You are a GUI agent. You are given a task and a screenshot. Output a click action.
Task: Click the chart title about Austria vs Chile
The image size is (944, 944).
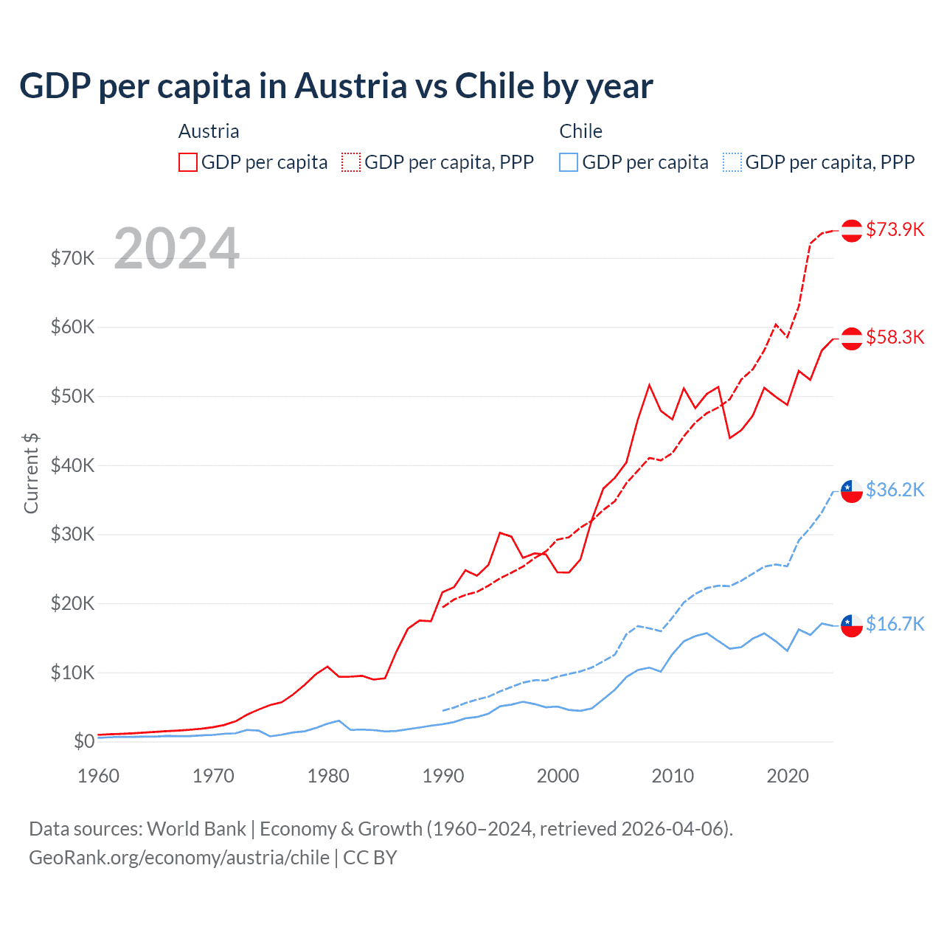coord(336,86)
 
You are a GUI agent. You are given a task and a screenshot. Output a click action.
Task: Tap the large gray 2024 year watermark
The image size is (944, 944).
coord(177,249)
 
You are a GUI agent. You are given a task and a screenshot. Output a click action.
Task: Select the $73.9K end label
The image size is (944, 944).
coord(895,229)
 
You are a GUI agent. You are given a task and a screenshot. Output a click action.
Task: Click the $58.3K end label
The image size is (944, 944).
coord(895,337)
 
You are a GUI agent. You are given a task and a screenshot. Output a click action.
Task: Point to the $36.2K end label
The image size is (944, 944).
coord(895,490)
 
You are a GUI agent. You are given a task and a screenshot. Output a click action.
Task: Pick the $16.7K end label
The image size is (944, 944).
coord(895,624)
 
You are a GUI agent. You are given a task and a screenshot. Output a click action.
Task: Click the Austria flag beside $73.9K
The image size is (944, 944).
coord(852,230)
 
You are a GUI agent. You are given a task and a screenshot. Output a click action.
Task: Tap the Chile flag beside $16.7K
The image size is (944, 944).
coord(852,625)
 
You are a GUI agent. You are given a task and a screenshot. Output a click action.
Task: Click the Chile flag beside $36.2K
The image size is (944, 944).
coord(852,490)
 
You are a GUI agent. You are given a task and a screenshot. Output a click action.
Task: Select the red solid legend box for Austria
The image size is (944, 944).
coord(188,162)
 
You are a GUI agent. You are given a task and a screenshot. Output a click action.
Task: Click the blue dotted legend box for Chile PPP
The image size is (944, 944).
coord(732,162)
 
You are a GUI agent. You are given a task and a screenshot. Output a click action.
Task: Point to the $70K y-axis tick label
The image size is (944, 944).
coord(72,258)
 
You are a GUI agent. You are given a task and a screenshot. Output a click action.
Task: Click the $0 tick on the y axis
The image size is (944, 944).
coord(84,741)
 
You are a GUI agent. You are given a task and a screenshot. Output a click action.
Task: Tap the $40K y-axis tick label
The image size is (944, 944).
coord(72,465)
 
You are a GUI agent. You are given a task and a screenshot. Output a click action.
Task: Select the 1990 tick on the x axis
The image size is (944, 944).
coord(443,776)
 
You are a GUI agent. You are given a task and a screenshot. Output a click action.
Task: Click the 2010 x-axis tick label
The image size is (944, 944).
coord(673,776)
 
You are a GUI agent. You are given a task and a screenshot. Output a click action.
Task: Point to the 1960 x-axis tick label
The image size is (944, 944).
coord(98,776)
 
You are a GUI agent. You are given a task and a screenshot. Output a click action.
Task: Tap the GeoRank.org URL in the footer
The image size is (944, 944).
coord(179,858)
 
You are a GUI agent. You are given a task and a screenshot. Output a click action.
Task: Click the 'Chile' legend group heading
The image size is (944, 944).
coord(580,131)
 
